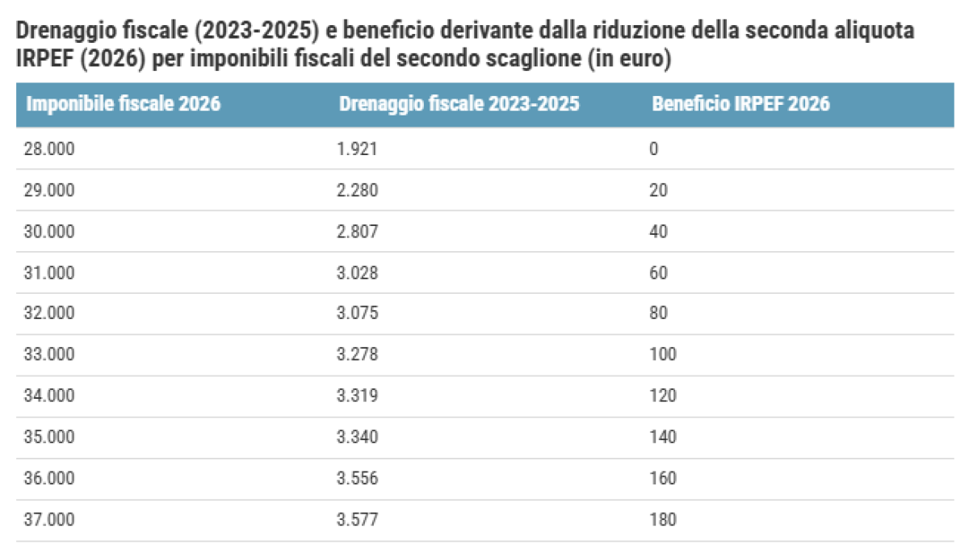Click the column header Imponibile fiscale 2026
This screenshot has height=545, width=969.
[x=124, y=104]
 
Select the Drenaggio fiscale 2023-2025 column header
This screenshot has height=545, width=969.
[x=459, y=104]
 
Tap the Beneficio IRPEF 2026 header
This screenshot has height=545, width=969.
[x=740, y=104]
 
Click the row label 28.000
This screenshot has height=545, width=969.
[x=49, y=149]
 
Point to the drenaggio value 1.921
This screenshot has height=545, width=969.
[x=358, y=149]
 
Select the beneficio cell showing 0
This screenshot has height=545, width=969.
[x=654, y=149]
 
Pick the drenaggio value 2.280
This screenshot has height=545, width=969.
[x=358, y=191]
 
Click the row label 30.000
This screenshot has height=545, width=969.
[x=49, y=232]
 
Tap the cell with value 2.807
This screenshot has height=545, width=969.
[x=358, y=232]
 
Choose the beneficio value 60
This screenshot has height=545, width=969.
[x=658, y=273]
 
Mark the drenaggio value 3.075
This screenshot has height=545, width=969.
[x=358, y=314]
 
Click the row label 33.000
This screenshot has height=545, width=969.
[x=49, y=355]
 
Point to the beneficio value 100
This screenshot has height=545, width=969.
[x=662, y=355]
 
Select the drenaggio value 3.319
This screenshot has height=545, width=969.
[x=358, y=396]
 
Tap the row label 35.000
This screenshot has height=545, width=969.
[x=49, y=438]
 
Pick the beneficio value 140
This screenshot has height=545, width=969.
[x=662, y=438]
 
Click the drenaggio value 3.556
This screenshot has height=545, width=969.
[x=358, y=479]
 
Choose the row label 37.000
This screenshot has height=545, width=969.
[x=49, y=520]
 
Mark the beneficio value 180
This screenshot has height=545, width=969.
[x=662, y=520]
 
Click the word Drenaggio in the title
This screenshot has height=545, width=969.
[x=61, y=33]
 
